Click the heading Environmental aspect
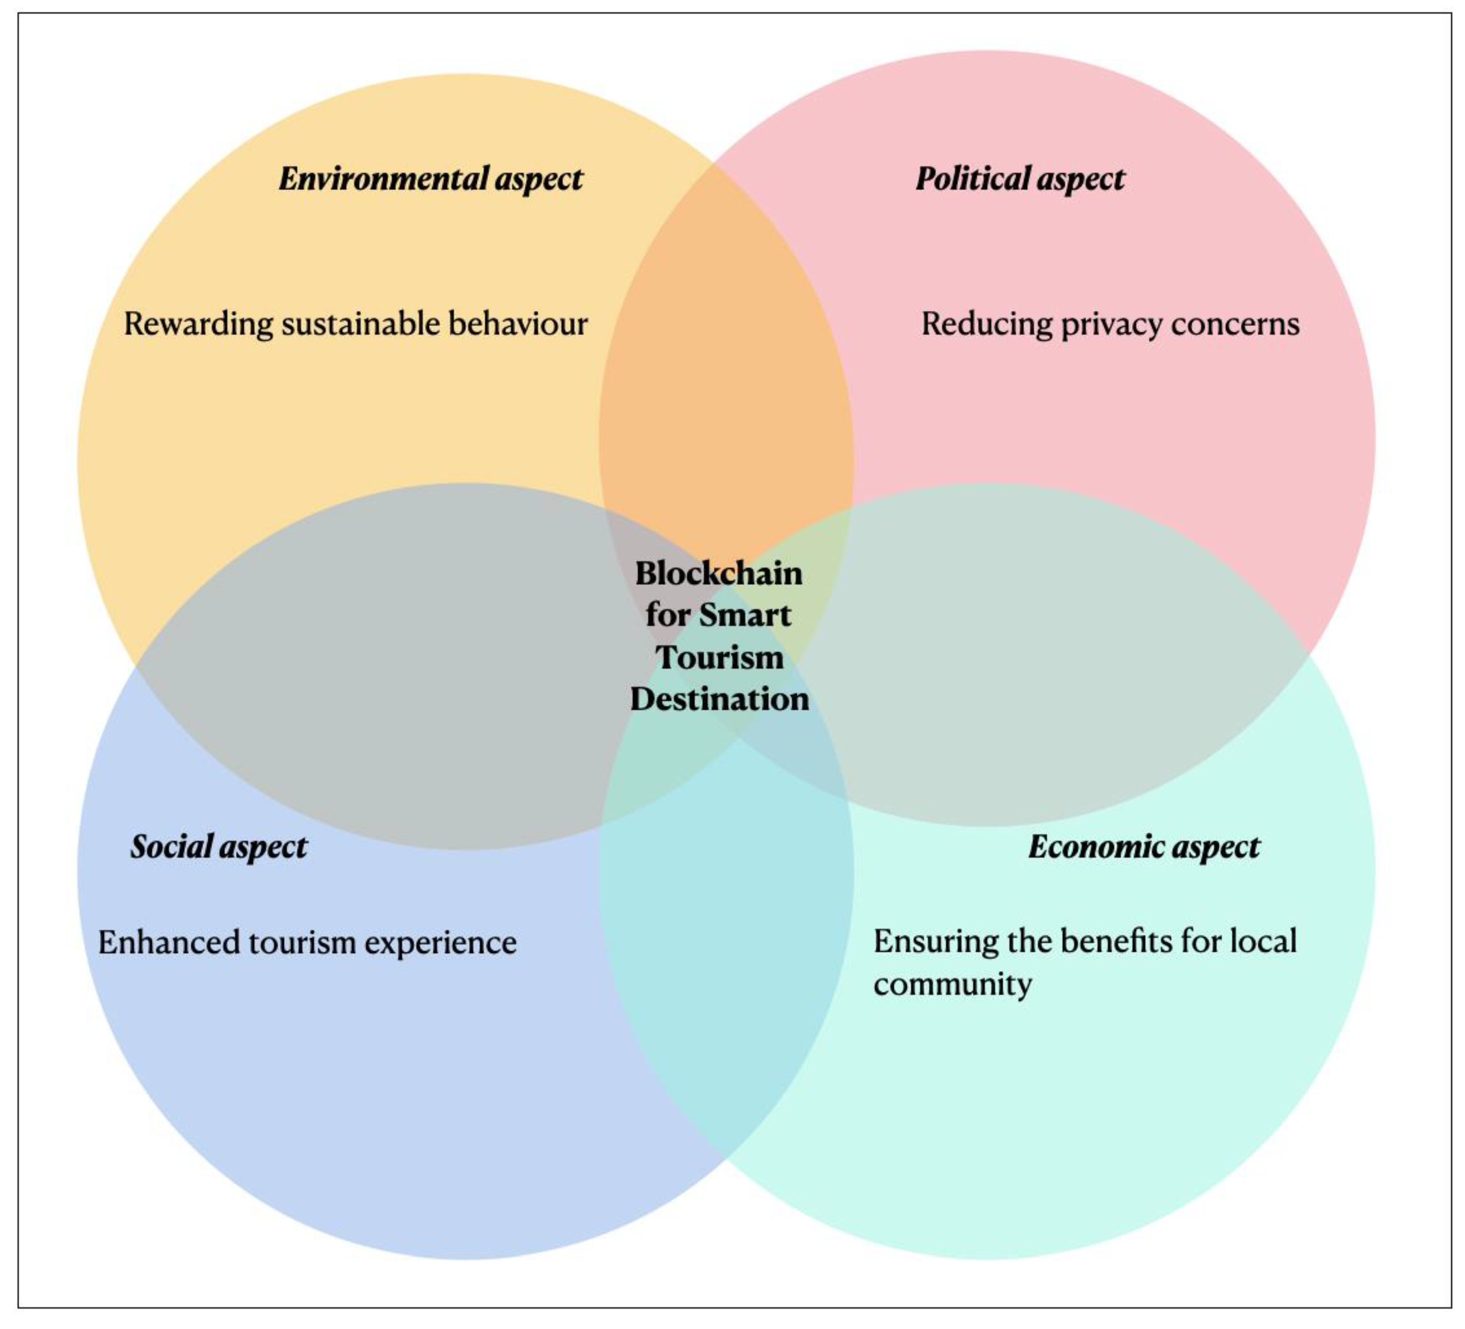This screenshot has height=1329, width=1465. (x=430, y=179)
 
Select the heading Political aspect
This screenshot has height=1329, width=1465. (x=1020, y=179)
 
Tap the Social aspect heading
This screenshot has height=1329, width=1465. (x=219, y=847)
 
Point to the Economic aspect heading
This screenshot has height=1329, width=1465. (x=1144, y=847)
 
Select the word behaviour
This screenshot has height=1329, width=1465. (x=518, y=324)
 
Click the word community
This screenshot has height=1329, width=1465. (x=952, y=985)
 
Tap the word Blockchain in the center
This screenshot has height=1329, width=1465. (x=719, y=573)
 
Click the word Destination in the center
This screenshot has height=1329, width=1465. (x=719, y=699)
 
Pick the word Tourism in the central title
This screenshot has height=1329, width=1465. (x=719, y=657)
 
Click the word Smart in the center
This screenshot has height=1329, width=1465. (x=744, y=615)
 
